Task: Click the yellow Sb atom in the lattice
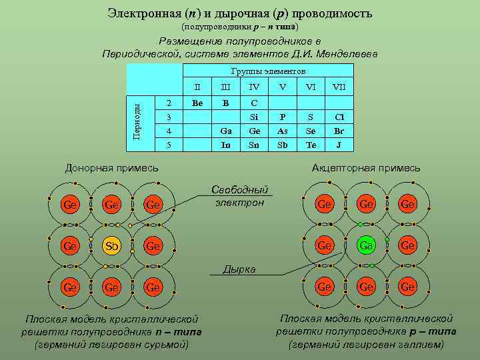(111, 245)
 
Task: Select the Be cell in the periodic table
(197, 103)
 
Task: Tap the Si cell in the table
(253, 117)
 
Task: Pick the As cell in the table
(282, 131)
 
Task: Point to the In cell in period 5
(225, 144)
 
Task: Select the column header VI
(311, 87)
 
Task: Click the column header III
(225, 87)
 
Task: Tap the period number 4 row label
(169, 131)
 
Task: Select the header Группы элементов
(268, 71)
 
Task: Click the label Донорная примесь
(111, 168)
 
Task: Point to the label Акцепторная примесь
(366, 168)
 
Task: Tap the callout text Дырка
(239, 269)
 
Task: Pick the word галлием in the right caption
(420, 345)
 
